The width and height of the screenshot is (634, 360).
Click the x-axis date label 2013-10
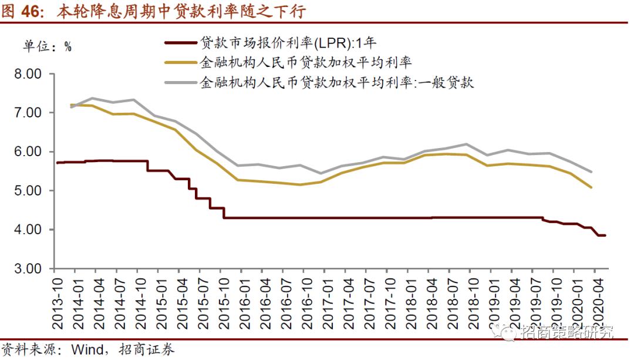click(59, 300)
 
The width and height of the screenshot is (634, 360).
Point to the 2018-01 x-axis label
click(409, 300)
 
